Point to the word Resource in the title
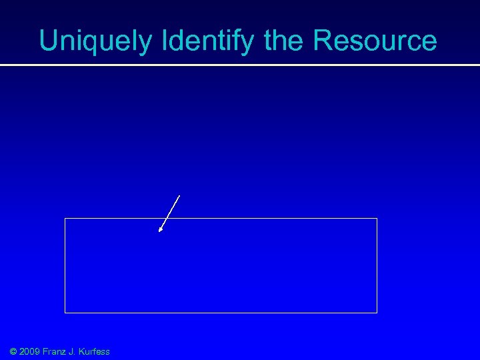click(x=375, y=41)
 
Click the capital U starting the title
click(x=48, y=41)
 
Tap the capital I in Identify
click(x=163, y=41)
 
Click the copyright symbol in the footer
click(x=13, y=351)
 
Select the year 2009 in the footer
click(x=31, y=351)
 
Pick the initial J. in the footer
click(x=73, y=351)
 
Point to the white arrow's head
click(x=160, y=231)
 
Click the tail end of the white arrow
click(x=179, y=195)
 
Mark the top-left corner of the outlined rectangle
click(x=65, y=218)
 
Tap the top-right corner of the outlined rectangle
click(x=377, y=218)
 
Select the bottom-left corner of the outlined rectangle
click(x=65, y=312)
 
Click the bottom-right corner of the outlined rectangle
click(x=377, y=312)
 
